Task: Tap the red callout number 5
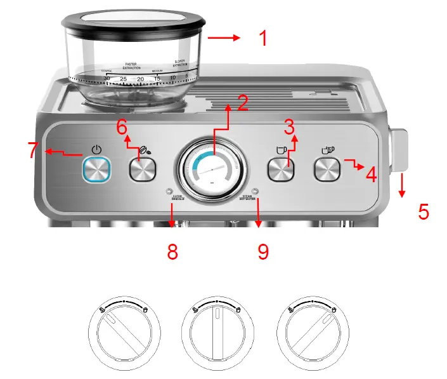tap(424, 211)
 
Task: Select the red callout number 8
tap(172, 251)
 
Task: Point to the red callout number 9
tap(263, 251)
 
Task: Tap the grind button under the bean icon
tap(143, 170)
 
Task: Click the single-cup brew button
tap(280, 170)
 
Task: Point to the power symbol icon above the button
tap(96, 150)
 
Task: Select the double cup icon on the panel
tap(327, 150)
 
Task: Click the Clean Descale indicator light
tap(169, 190)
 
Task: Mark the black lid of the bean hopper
tap(133, 18)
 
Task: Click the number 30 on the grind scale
tap(107, 78)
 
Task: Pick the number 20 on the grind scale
tap(140, 79)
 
